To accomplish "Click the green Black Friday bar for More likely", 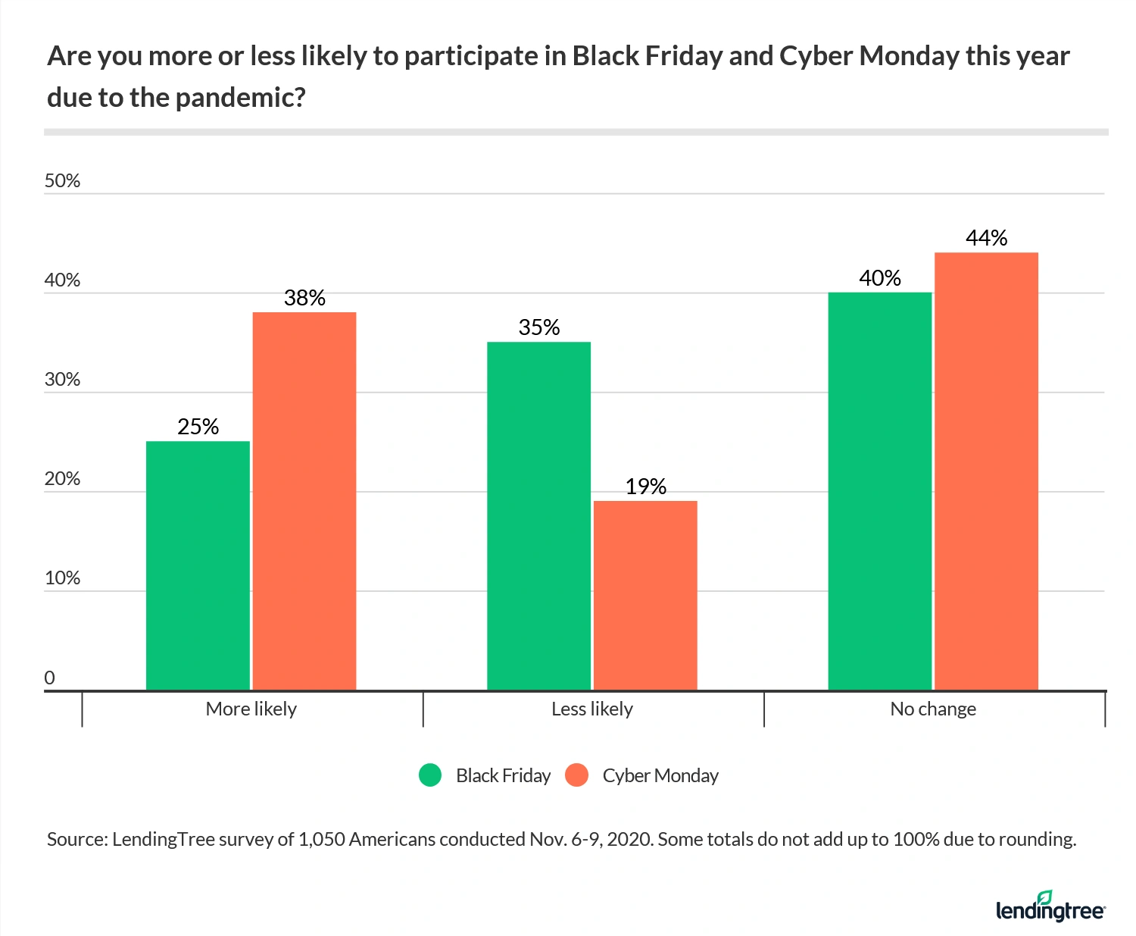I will [x=198, y=565].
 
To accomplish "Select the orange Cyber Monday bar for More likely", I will [x=304, y=501].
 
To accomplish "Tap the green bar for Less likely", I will [x=538, y=515].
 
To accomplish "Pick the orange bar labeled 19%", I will [x=645, y=595].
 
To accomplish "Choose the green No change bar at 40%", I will [x=880, y=491].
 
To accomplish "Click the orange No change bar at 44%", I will [x=986, y=471].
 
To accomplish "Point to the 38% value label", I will [x=304, y=298].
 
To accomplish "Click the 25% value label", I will [x=198, y=427].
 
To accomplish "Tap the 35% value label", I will [x=538, y=327].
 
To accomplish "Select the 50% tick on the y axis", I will [x=62, y=181].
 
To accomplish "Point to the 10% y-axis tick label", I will [x=62, y=578].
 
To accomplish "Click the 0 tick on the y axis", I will [x=50, y=678].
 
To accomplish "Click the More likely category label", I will [x=251, y=709].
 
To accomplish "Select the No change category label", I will [x=933, y=709].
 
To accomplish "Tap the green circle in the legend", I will [x=430, y=775].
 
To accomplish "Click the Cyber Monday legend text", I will [x=660, y=775].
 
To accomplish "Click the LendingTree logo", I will [x=1050, y=906].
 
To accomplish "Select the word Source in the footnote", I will [x=76, y=840].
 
